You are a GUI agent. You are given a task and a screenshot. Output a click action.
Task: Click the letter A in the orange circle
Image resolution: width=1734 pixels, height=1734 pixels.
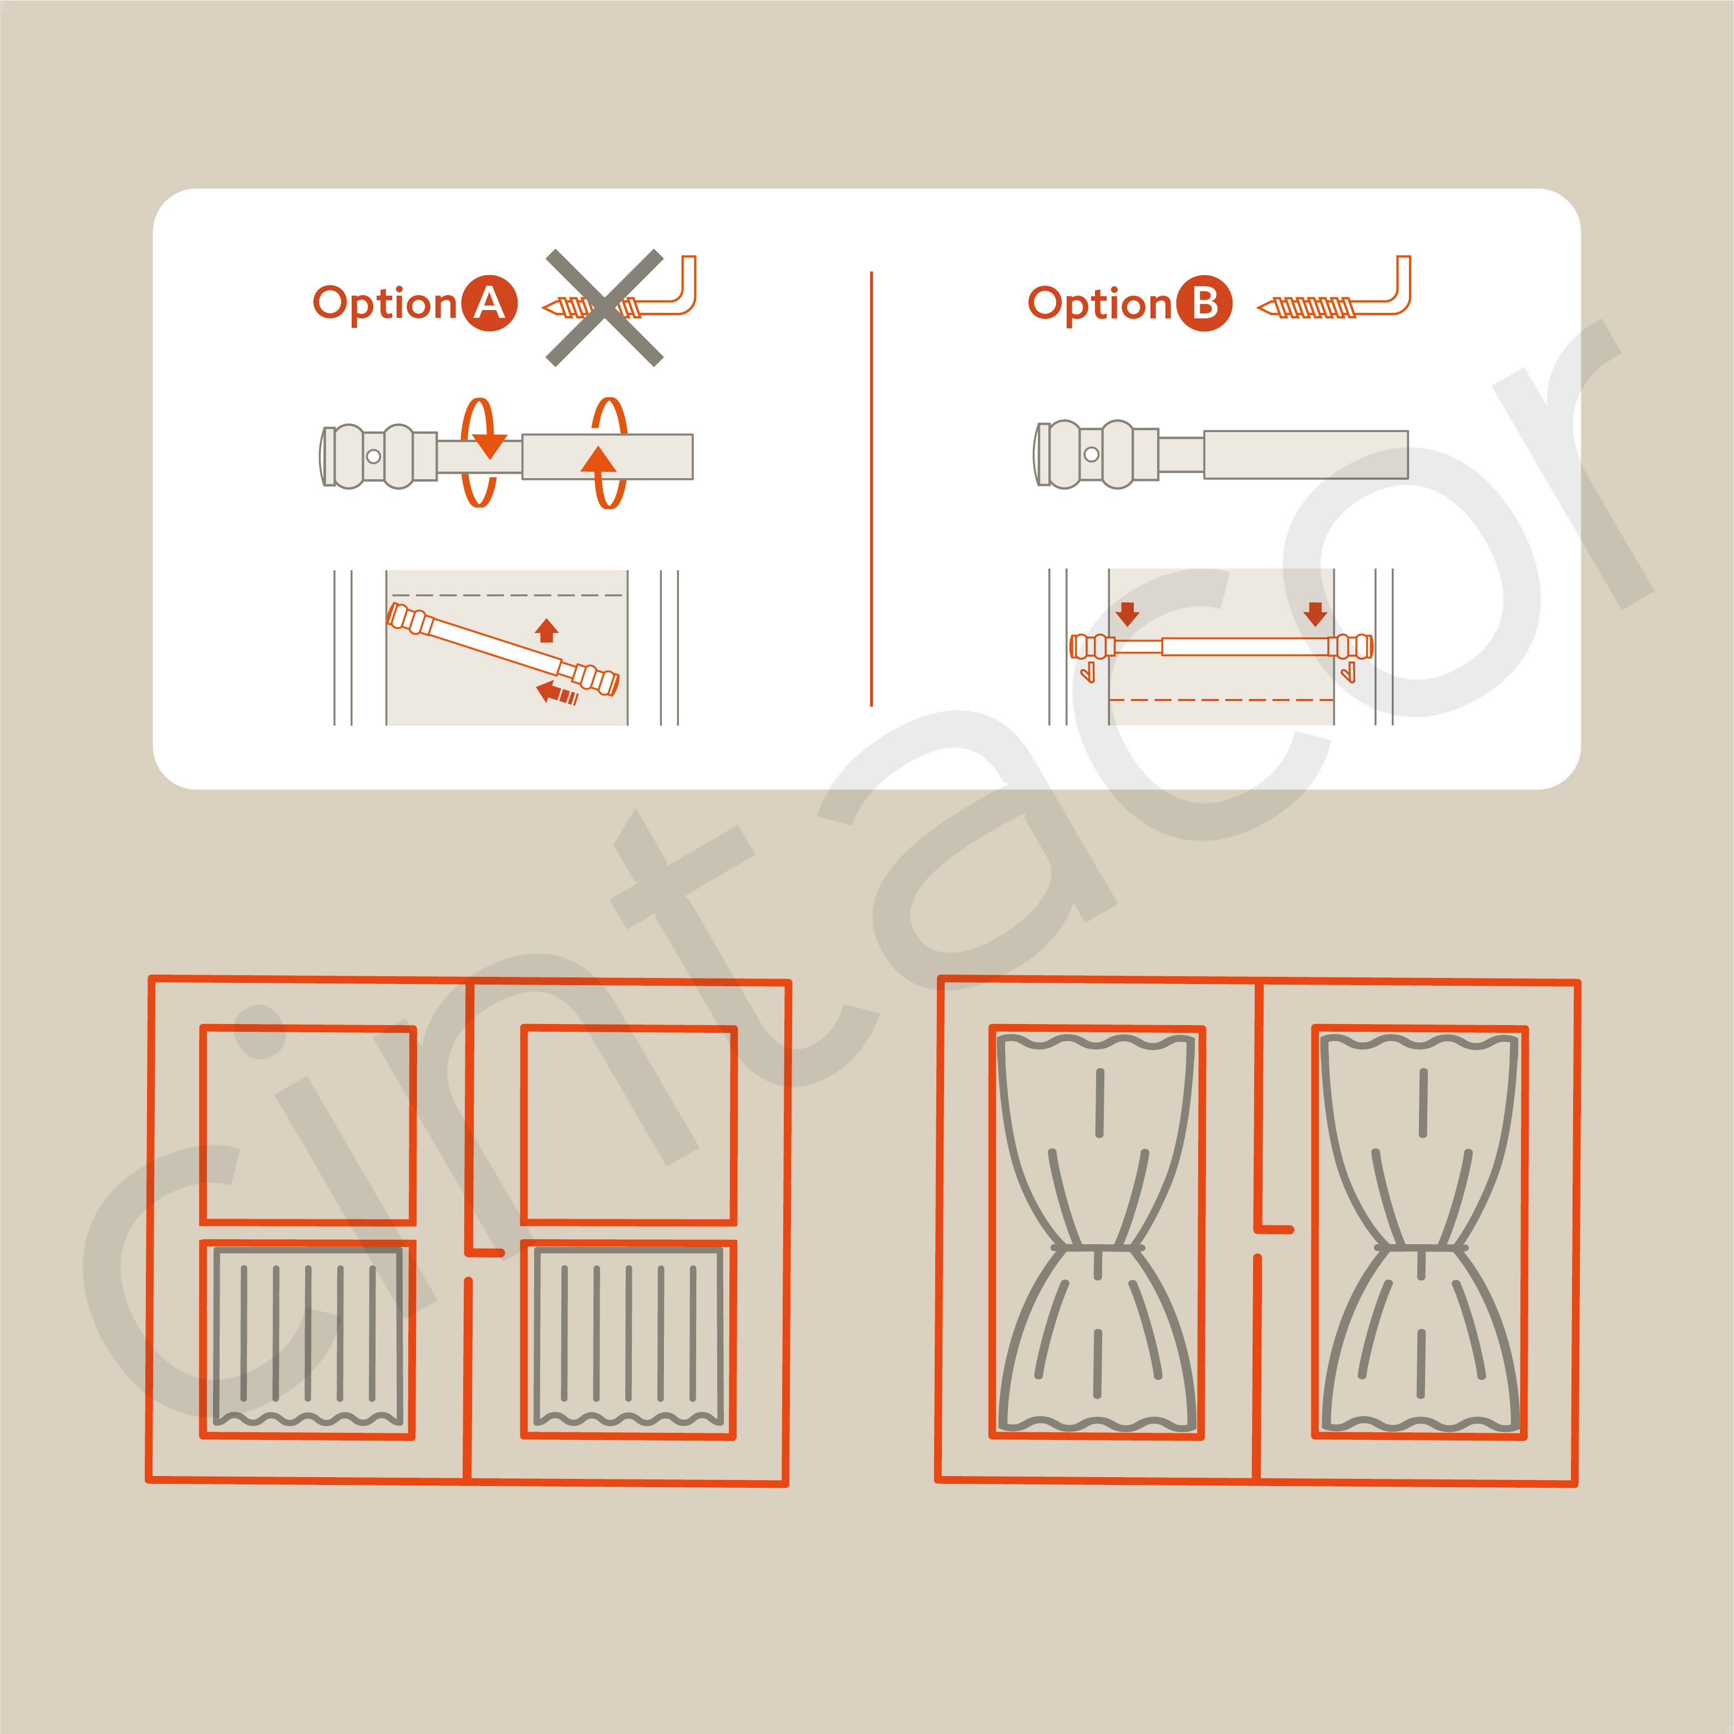point(489,305)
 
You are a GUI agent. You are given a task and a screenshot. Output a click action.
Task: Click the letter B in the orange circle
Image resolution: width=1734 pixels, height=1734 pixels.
point(1204,305)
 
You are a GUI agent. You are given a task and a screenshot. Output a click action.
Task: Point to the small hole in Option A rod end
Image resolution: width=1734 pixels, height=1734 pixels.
point(373,456)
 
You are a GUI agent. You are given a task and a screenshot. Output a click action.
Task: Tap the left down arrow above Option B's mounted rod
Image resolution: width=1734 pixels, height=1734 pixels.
point(1127,614)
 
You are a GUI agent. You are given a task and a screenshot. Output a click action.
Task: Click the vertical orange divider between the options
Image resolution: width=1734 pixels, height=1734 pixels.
point(871,489)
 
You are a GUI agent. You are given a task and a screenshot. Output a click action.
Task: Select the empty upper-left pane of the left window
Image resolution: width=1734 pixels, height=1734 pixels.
point(308,1124)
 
